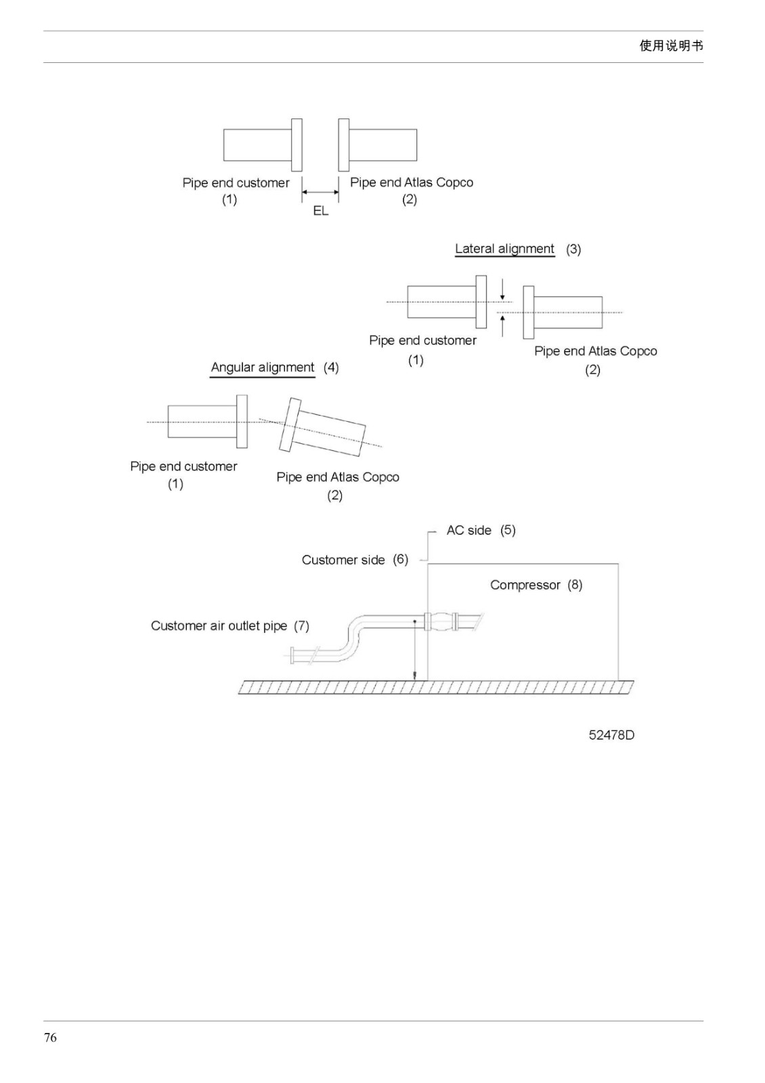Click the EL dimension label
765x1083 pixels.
pyautogui.click(x=321, y=211)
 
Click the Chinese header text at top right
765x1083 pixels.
pyautogui.click(x=671, y=46)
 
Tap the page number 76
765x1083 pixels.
pyautogui.click(x=50, y=1037)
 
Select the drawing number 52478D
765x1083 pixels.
pyautogui.click(x=611, y=735)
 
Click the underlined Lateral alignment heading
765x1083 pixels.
pyautogui.click(x=504, y=249)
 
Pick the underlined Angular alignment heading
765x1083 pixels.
pyautogui.click(x=263, y=368)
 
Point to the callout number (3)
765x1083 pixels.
pyautogui.click(x=573, y=249)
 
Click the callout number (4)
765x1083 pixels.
pyautogui.click(x=331, y=368)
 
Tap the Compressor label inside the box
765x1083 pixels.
pyautogui.click(x=525, y=585)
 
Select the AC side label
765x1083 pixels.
pyautogui.click(x=468, y=531)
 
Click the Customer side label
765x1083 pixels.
pyautogui.click(x=343, y=560)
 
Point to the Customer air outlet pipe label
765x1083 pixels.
pyautogui.click(x=219, y=625)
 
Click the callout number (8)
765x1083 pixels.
pyautogui.click(x=575, y=585)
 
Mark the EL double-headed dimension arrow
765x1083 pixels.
pyautogui.click(x=321, y=192)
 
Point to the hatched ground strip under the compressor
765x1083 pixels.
pyautogui.click(x=436, y=687)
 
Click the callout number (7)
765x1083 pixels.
pyautogui.click(x=302, y=625)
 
